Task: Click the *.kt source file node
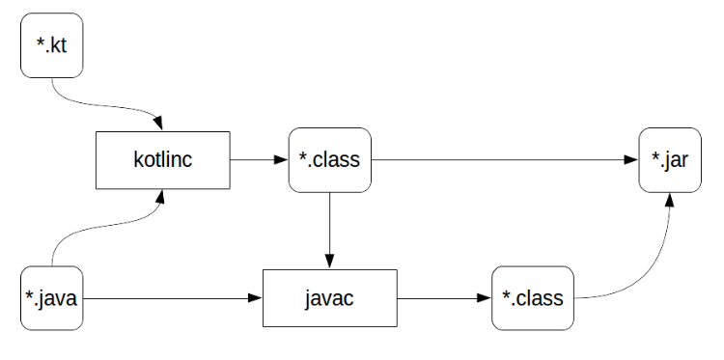tap(51, 45)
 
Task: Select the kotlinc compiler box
tap(162, 159)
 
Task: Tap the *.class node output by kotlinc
tap(329, 159)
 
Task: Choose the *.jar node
tap(669, 159)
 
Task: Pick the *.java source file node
tap(51, 297)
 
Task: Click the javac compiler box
tap(329, 297)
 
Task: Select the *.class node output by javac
tap(533, 297)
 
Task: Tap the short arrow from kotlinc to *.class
tap(259, 159)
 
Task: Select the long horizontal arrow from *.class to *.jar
tap(502, 159)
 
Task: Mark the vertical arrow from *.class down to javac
tap(329, 227)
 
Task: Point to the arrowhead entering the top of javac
tap(329, 261)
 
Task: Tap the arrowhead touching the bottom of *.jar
tap(669, 198)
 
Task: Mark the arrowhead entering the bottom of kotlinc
tap(162, 196)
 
